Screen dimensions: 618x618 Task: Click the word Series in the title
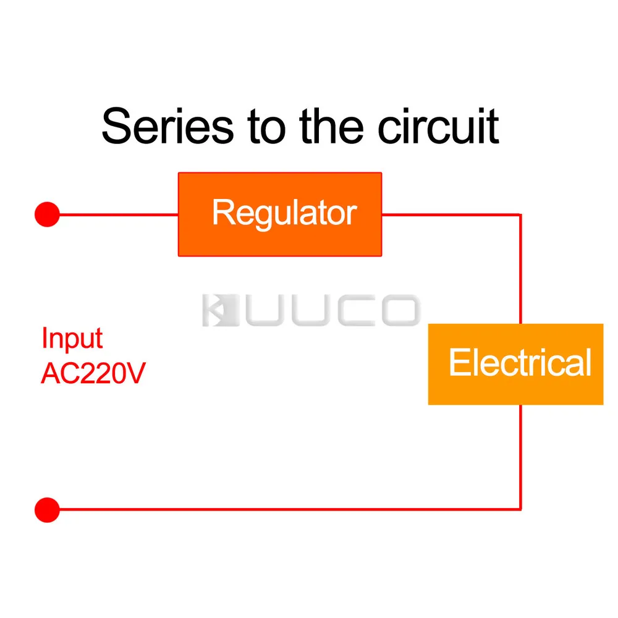pos(168,125)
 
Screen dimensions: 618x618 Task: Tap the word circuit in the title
pos(438,125)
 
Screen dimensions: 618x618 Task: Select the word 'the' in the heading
pos(331,125)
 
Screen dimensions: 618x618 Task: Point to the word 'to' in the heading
pos(266,127)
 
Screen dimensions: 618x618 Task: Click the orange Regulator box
pos(280,214)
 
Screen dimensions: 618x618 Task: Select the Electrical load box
pos(515,364)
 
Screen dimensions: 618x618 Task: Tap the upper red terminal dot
pos(48,214)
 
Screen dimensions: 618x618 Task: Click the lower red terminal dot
pos(48,510)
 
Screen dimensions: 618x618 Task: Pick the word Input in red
pos(72,339)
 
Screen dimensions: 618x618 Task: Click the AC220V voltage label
pos(93,373)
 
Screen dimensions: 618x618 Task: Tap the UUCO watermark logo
pos(311,310)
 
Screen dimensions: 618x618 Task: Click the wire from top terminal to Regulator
pos(119,214)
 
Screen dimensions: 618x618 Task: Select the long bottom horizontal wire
pos(290,510)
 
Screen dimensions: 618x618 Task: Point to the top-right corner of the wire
pos(520,214)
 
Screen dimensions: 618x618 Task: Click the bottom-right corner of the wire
pos(520,510)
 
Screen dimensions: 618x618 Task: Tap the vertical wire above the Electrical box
pos(520,269)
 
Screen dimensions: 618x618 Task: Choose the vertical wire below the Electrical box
pos(520,457)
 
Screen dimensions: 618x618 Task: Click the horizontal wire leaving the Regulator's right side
pos(451,214)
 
